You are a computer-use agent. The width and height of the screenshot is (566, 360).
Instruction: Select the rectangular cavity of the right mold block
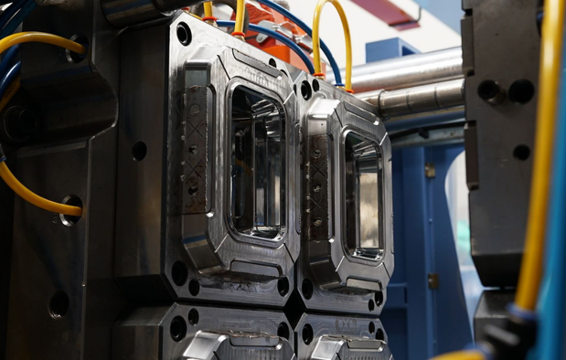point(363,193)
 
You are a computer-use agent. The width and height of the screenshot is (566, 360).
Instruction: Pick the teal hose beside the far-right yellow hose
point(554,274)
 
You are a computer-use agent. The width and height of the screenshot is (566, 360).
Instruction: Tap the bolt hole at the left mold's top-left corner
point(184,34)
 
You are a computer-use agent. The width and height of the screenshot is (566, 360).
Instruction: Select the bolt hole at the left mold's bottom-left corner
point(179,272)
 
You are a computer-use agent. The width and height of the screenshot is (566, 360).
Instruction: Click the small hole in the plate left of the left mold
point(139,150)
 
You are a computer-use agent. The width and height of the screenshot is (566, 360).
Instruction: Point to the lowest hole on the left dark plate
point(58,303)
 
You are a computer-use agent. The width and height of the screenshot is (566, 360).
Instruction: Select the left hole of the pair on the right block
point(489,90)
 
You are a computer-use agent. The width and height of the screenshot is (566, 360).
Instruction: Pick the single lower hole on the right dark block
point(521,152)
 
